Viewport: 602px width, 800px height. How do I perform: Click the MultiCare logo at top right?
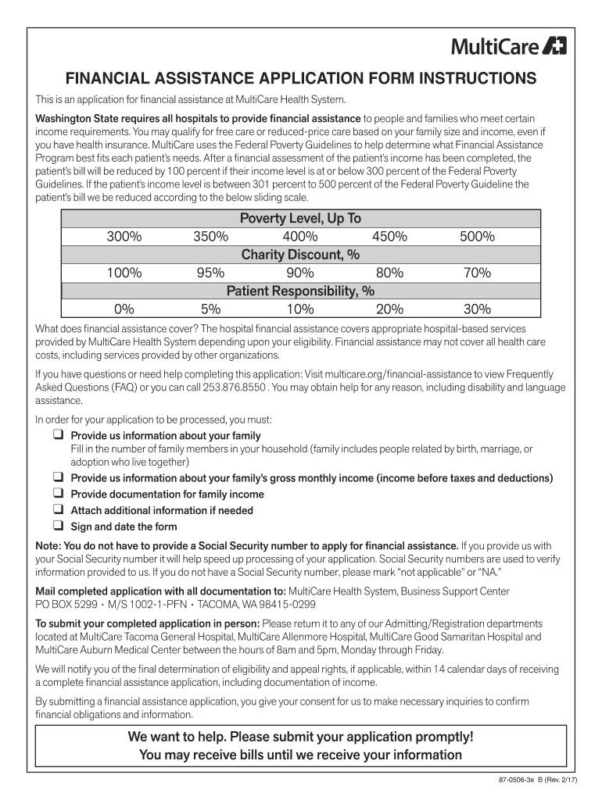point(509,47)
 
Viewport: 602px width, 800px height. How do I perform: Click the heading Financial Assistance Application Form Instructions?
point(300,79)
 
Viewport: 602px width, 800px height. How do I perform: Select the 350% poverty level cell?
point(210,237)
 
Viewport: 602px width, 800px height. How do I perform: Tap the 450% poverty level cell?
point(389,237)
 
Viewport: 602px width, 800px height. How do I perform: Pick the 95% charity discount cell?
point(210,273)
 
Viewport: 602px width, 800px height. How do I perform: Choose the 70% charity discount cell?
point(476,273)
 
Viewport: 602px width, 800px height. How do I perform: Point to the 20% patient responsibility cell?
point(389,309)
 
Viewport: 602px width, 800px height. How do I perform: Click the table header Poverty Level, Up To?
point(300,219)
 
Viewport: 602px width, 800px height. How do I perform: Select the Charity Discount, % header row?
point(300,255)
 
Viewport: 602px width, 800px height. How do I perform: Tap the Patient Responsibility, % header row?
point(300,291)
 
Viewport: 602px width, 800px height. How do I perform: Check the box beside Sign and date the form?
point(58,526)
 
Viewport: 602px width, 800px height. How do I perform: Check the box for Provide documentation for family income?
point(58,494)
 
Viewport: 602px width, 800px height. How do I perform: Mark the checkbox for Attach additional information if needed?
point(58,510)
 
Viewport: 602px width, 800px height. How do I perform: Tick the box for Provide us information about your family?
point(58,435)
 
